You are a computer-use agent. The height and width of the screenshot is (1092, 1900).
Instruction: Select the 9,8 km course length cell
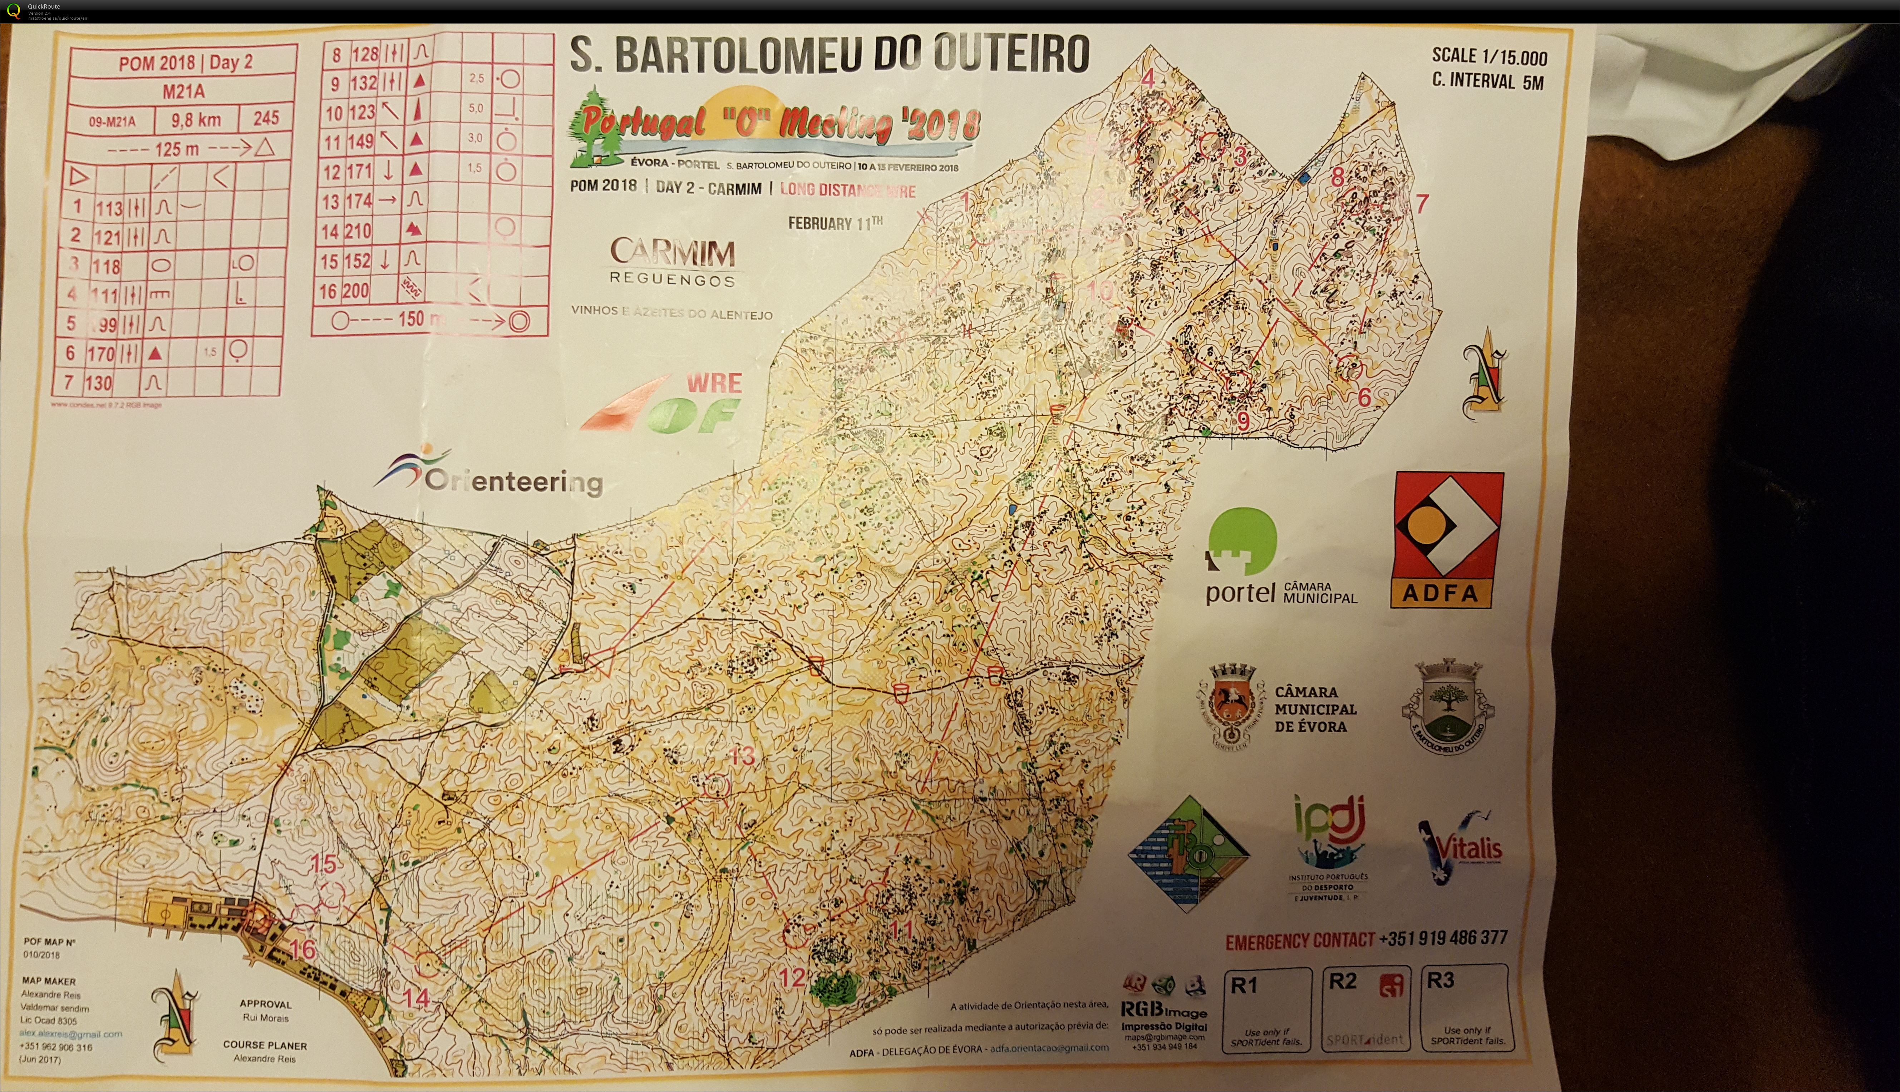[x=196, y=119]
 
